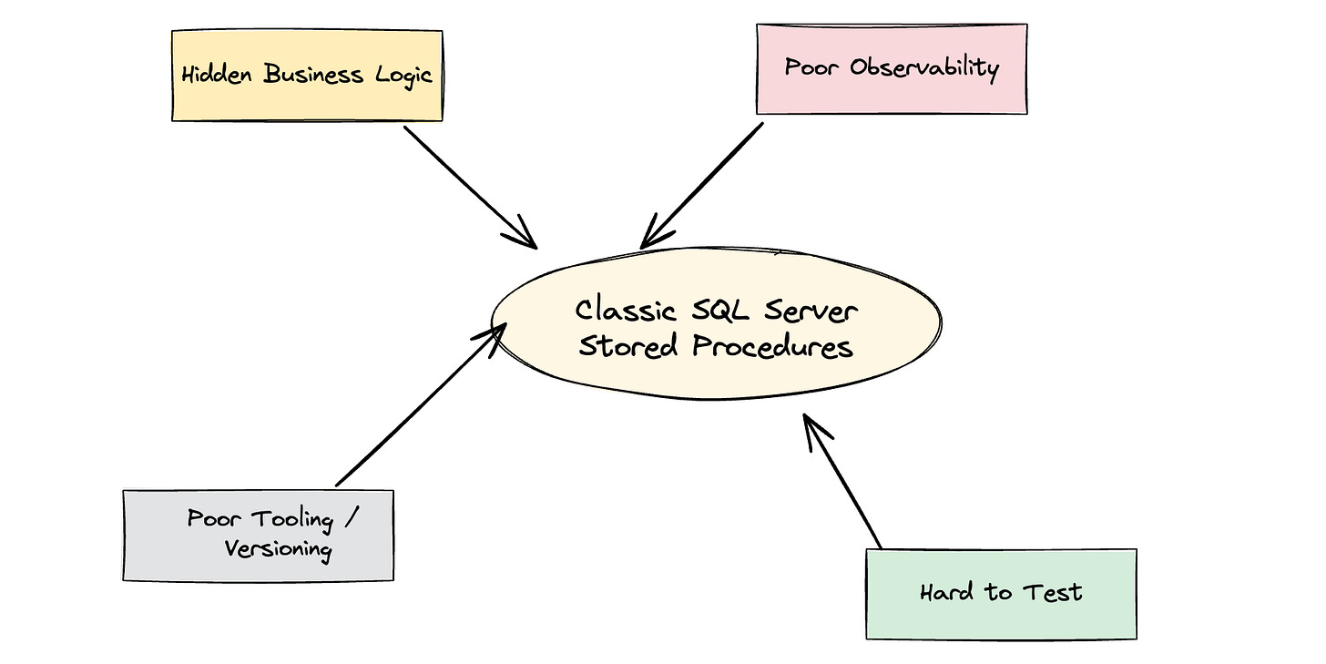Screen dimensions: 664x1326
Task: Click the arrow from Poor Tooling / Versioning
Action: [419, 405]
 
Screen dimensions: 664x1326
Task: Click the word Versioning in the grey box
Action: [278, 549]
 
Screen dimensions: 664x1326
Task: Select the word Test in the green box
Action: [1052, 593]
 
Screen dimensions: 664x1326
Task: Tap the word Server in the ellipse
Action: [809, 312]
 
